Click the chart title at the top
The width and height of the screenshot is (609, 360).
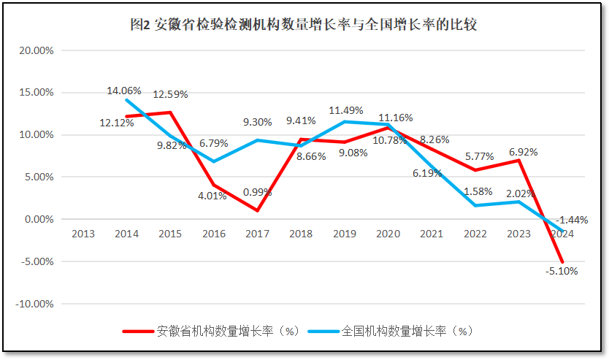[303, 25]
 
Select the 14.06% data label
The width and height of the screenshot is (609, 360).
[124, 91]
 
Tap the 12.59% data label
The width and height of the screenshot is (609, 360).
[170, 94]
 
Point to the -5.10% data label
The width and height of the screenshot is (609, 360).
[561, 272]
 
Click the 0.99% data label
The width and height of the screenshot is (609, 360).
[257, 193]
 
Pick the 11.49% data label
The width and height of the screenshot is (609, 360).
[346, 111]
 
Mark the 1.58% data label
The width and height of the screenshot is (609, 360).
[478, 192]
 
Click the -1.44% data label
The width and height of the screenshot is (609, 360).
[572, 220]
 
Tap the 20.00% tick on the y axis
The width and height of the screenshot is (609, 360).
[37, 51]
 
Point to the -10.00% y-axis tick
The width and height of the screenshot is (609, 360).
[35, 304]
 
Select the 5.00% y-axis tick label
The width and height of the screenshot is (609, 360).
[39, 177]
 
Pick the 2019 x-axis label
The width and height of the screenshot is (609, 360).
[345, 234]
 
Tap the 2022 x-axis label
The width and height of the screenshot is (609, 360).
[475, 234]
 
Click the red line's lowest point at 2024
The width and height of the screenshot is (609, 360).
[562, 261]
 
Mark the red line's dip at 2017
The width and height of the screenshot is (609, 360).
[257, 210]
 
